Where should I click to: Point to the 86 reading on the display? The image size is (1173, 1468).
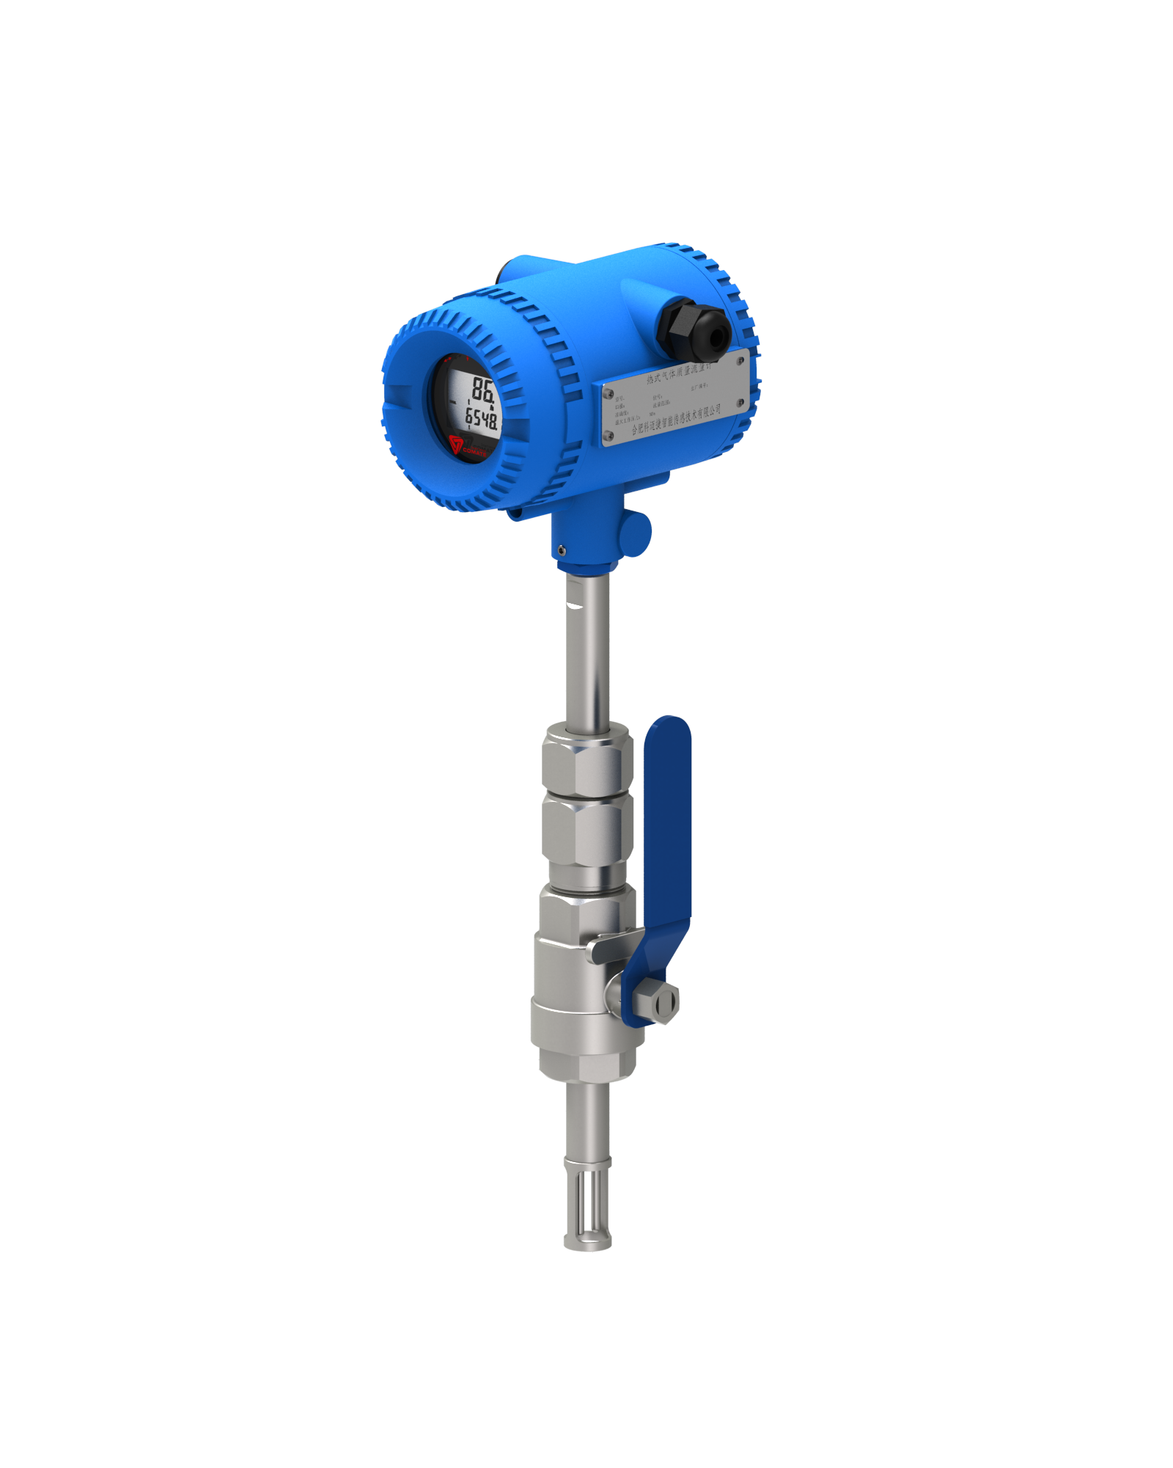point(482,389)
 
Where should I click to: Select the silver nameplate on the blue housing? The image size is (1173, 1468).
point(674,397)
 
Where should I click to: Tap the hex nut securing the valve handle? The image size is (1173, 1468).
point(657,998)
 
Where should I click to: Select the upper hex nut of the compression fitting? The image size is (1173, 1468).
point(587,767)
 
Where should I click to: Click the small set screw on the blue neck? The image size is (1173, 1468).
point(561,549)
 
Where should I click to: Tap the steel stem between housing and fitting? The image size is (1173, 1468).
point(586,646)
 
